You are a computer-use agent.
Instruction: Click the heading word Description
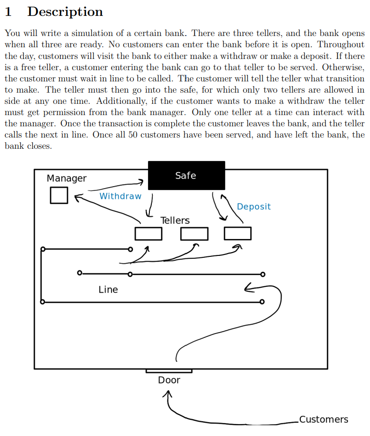tap(65, 12)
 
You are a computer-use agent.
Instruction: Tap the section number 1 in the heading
tap(8, 12)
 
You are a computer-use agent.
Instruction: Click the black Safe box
tap(186, 175)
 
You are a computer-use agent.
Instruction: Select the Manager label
tap(67, 178)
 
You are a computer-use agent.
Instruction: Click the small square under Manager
tap(59, 195)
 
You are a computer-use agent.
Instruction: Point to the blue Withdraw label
tap(120, 196)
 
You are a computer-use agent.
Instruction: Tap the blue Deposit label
tap(254, 206)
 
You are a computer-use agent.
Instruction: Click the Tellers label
tap(175, 220)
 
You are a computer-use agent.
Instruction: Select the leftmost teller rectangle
tap(148, 233)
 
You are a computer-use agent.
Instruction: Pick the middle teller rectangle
tap(194, 233)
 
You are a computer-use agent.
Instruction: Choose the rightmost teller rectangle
tap(237, 233)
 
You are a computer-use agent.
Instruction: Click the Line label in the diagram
tap(108, 290)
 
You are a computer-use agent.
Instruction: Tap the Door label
tap(169, 380)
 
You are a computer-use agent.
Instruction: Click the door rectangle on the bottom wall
tap(169, 371)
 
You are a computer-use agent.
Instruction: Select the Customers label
tap(324, 419)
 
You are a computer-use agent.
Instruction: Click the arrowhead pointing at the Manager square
tap(77, 197)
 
